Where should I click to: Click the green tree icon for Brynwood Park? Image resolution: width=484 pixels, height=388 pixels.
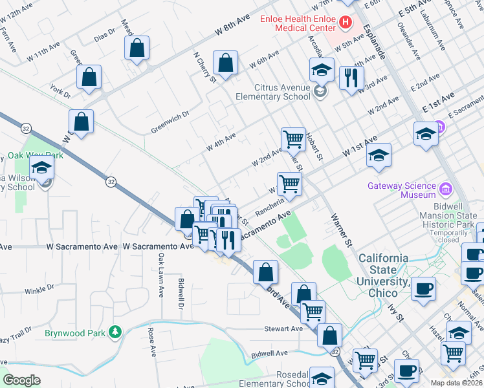pos(115,332)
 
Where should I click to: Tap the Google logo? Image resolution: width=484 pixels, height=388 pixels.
pos(21,380)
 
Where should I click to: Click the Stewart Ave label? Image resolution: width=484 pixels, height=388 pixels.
pos(283,329)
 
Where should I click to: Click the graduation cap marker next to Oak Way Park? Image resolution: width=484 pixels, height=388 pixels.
pos(42,167)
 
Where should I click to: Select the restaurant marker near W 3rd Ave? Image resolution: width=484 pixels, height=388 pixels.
pos(350,78)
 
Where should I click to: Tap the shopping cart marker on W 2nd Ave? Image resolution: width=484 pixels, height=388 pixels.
pos(293,138)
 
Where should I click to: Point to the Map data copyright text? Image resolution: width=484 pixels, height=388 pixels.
pos(457,383)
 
